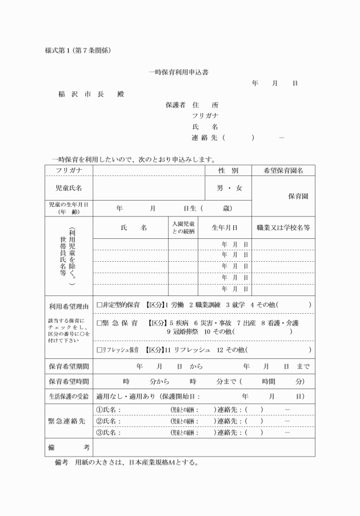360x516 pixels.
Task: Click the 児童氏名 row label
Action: point(69,187)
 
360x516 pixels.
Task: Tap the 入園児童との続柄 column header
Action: point(183,227)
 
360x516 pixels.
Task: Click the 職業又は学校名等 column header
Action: point(283,227)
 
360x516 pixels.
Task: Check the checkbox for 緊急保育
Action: point(99,323)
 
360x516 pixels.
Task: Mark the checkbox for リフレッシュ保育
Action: point(99,349)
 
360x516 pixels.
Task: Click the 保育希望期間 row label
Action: point(69,366)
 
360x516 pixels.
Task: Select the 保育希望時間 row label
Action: point(69,381)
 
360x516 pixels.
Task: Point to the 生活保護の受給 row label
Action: point(69,395)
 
